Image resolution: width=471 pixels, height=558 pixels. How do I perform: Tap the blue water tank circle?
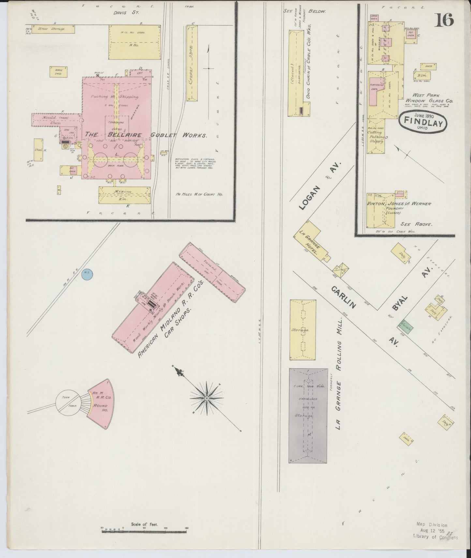click(87, 274)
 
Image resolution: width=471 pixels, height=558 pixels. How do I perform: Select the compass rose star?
click(207, 398)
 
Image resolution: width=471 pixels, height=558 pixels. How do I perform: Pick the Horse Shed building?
click(59, 71)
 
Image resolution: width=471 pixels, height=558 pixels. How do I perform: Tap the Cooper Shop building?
click(192, 63)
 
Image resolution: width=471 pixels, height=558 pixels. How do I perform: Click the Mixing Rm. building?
click(124, 195)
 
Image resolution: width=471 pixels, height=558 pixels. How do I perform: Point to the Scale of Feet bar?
click(144, 532)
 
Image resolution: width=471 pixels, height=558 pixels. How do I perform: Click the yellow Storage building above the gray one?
click(302, 330)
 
